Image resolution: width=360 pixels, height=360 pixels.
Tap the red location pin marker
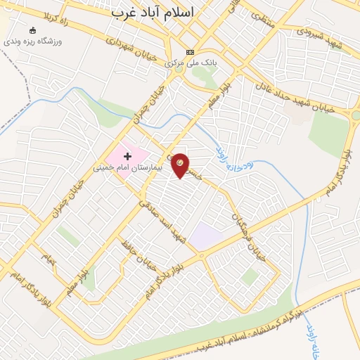coord(180,166)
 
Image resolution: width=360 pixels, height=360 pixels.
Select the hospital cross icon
coord(127,155)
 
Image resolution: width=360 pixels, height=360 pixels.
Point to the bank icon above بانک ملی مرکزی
coord(190,53)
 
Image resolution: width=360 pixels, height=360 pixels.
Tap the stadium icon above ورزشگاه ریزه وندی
coord(33,30)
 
